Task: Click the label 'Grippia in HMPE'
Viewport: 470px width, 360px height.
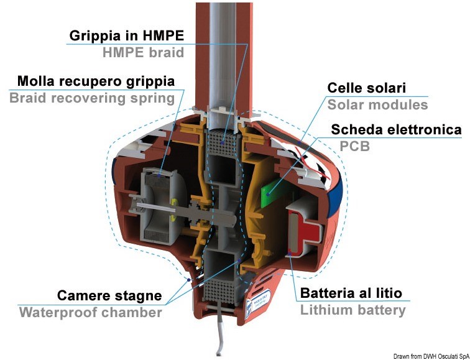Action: [126, 35]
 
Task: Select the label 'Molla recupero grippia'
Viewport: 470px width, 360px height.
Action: [96, 81]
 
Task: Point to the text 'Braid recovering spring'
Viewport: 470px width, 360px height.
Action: [92, 98]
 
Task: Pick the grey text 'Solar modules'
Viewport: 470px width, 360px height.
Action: [378, 105]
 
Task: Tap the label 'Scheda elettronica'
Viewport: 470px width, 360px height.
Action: [396, 130]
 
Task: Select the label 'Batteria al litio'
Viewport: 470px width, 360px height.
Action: [351, 293]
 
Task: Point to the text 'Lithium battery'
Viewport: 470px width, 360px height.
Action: [352, 310]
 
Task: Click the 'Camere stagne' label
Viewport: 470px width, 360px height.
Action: [109, 295]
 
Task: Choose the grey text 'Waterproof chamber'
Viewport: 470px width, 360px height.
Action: [90, 312]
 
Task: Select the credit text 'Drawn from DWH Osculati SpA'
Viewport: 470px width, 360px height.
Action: [431, 356]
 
